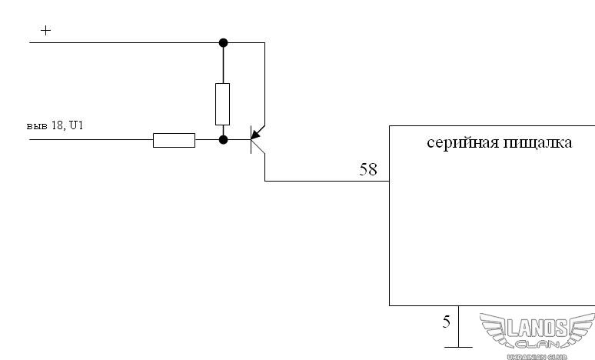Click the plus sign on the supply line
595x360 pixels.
click(45, 30)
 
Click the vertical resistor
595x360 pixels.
click(222, 104)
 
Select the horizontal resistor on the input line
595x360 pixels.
click(175, 140)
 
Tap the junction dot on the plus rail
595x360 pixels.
click(223, 42)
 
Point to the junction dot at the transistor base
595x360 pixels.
click(223, 140)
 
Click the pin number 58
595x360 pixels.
click(368, 169)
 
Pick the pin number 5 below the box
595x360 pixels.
click(446, 322)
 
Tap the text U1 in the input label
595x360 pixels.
click(76, 125)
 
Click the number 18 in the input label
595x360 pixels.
click(58, 125)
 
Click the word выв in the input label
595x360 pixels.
click(37, 126)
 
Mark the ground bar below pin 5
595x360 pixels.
click(458, 347)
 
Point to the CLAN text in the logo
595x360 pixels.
click(537, 345)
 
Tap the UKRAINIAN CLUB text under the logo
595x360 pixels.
click(537, 357)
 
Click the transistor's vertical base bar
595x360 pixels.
click(251, 139)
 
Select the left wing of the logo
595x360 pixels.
click(494, 328)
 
